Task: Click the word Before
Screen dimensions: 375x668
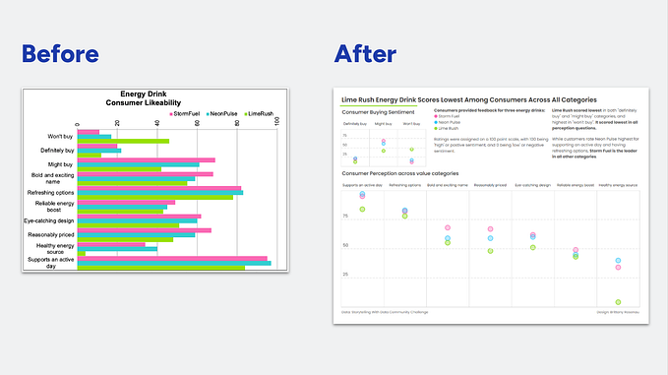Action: [60, 53]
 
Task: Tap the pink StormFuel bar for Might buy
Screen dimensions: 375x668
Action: [147, 159]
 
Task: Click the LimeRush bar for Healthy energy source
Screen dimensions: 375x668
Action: [82, 253]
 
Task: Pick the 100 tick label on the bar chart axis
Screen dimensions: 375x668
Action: [277, 122]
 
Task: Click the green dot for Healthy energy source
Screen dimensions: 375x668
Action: [618, 302]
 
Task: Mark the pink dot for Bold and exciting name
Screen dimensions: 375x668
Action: [448, 228]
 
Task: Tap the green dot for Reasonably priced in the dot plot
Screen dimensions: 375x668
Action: [490, 251]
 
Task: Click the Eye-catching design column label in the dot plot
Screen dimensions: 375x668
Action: [532, 184]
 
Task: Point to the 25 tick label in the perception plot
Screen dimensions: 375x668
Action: [345, 273]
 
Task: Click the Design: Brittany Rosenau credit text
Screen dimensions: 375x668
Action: [618, 313]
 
